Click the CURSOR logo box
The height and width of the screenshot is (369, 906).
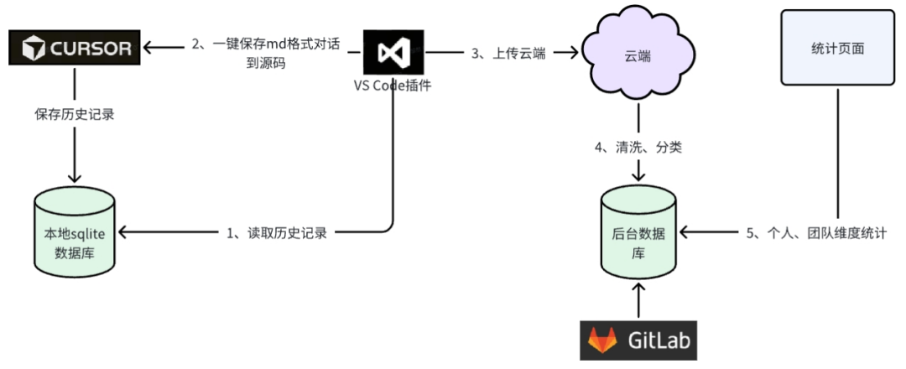75,47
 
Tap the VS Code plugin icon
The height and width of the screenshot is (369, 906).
393,53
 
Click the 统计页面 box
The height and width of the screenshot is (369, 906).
837,48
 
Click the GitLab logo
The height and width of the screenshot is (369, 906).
638,340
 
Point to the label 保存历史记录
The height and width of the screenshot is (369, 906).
75,114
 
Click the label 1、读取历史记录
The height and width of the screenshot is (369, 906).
277,233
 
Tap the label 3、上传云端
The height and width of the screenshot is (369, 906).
508,54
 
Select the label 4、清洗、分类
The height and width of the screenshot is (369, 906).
638,148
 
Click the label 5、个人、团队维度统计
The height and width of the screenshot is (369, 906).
816,233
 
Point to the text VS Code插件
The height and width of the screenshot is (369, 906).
393,86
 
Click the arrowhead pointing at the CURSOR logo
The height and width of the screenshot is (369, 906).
148,47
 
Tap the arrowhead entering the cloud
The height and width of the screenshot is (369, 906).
573,53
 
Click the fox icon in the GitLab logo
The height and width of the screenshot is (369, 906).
602,340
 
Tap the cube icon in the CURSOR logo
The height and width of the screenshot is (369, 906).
34,48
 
